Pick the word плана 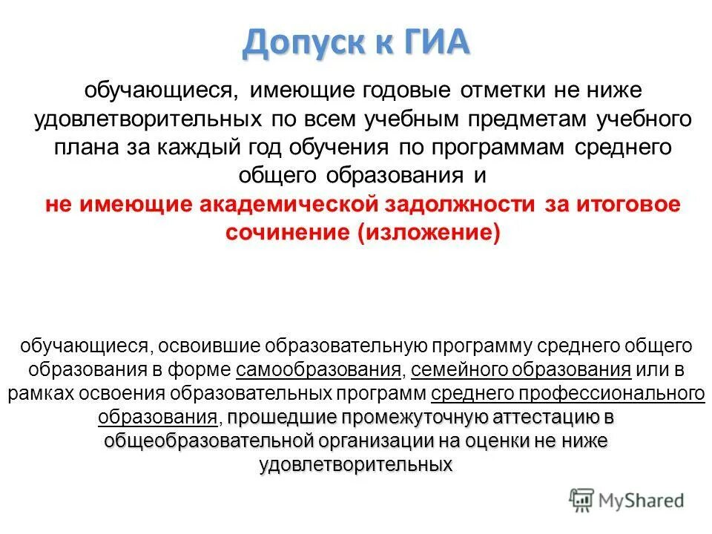[84, 147]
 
